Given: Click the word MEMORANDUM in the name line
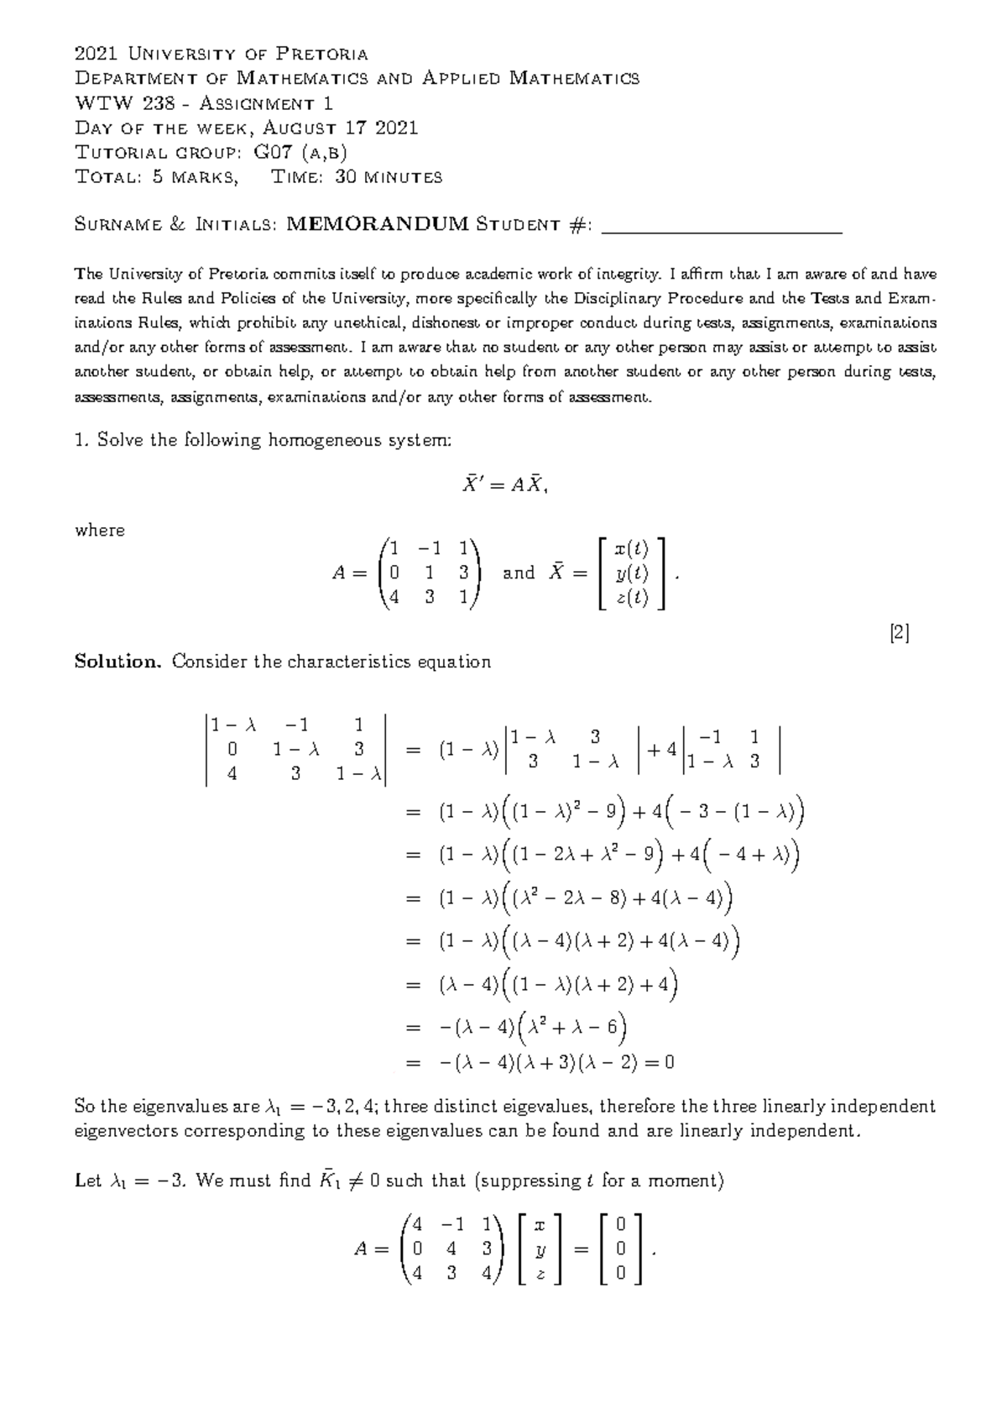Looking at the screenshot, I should click(x=377, y=224).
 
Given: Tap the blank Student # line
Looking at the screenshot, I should click(x=723, y=227).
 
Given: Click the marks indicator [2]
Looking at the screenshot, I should click(x=900, y=632).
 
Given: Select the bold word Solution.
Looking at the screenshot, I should click(x=117, y=662).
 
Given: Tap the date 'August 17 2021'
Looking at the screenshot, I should click(x=341, y=128).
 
